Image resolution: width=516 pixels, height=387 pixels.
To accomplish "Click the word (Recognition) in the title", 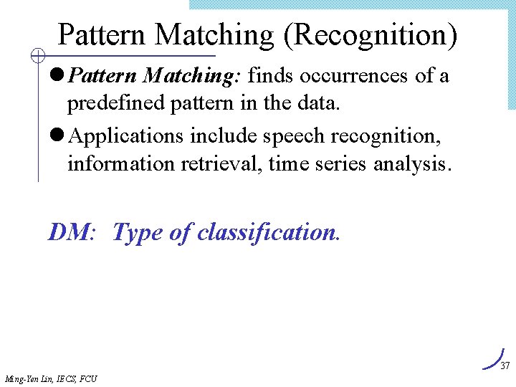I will point(370,35).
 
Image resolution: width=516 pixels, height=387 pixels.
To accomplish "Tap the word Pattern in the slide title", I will point(103,35).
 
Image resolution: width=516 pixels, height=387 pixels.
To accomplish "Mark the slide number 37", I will point(505,365).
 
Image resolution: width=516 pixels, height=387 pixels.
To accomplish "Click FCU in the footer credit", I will point(88,378).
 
